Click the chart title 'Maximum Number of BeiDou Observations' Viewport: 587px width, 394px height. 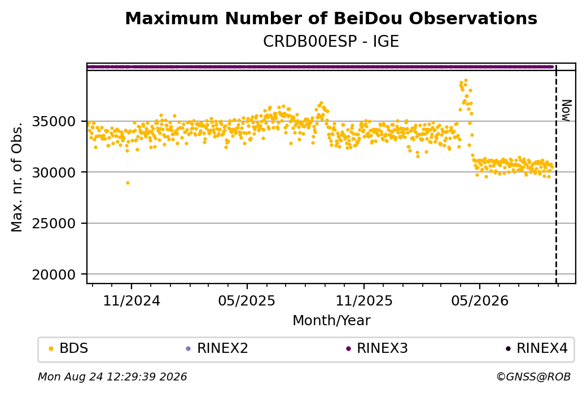click(331, 18)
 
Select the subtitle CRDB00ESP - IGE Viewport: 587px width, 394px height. click(331, 42)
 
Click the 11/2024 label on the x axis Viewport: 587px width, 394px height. click(132, 301)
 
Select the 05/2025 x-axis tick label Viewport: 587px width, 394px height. click(247, 301)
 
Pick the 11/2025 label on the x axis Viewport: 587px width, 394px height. click(364, 301)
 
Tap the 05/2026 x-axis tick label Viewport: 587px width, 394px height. click(480, 301)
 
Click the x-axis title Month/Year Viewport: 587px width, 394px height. click(331, 321)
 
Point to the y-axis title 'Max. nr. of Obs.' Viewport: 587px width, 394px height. click(17, 177)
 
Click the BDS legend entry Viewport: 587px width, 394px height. click(68, 348)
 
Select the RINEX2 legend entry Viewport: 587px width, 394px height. click(217, 348)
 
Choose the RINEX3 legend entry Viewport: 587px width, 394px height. click(377, 348)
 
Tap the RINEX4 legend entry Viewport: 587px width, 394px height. click(536, 348)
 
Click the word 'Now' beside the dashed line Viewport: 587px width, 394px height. click(567, 110)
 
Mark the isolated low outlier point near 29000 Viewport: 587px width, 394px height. click(128, 183)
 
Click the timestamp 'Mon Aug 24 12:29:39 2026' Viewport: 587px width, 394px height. click(112, 377)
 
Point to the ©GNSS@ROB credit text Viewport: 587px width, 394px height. click(533, 377)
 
